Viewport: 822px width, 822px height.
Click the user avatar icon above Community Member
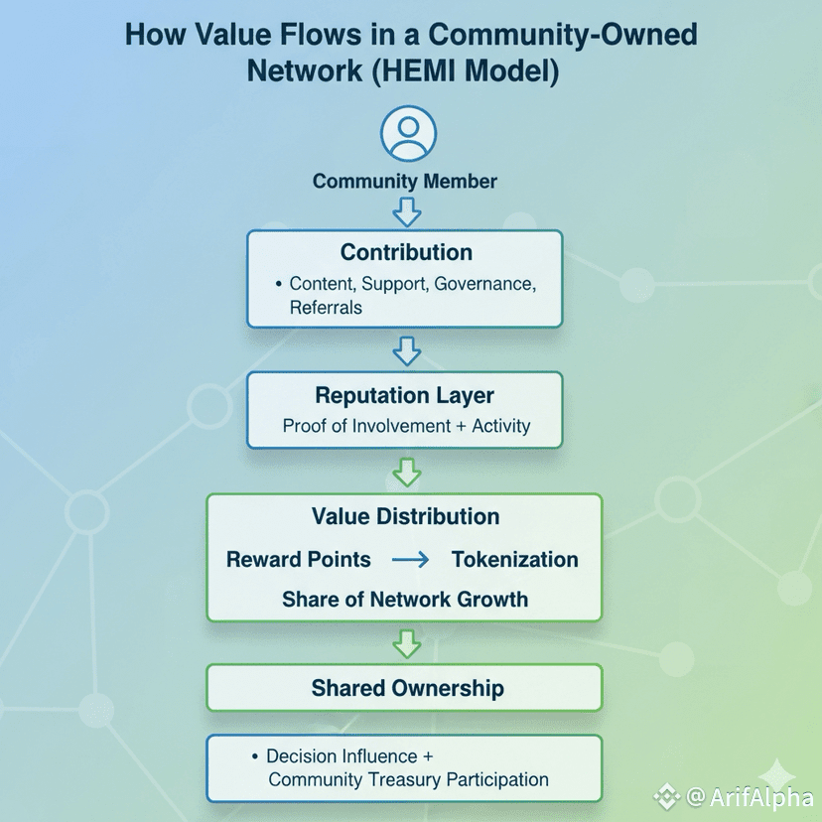408,133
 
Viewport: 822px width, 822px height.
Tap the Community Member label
405,182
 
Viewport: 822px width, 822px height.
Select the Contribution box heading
406,252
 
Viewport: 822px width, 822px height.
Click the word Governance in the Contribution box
482,285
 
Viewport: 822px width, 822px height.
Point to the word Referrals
326,308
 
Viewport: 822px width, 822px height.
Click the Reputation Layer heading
404,395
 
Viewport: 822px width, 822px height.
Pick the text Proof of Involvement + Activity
406,427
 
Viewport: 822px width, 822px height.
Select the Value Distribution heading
405,516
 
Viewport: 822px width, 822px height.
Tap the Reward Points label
298,560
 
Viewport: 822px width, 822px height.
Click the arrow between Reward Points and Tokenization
410,560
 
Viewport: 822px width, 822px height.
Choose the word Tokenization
514,560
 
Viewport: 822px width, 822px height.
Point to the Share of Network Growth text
405,600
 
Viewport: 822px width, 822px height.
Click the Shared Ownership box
405,688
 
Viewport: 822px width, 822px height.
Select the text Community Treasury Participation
408,780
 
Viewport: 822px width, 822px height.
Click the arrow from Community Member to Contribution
407,210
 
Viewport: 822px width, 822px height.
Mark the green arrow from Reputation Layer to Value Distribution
407,472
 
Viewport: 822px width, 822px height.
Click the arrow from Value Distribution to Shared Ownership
407,643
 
